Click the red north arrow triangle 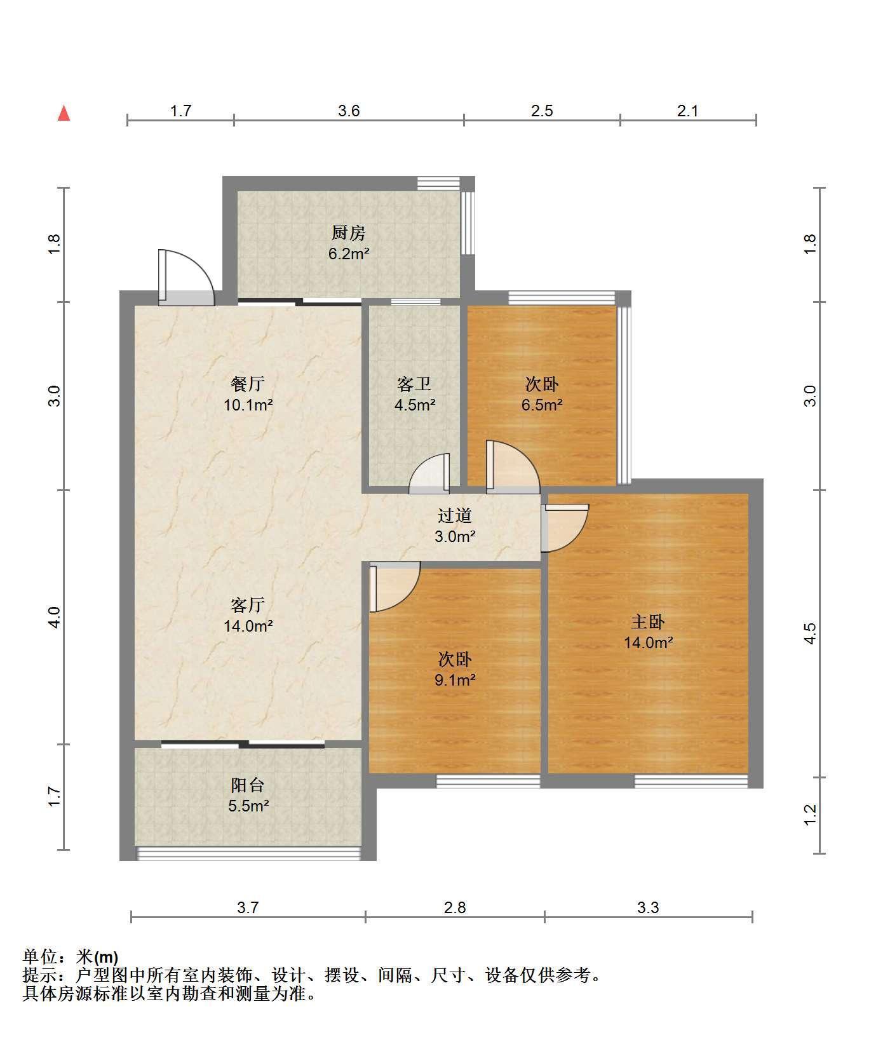(64, 113)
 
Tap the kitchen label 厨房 (349, 233)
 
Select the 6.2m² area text (349, 254)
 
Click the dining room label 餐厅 (248, 384)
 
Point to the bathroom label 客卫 (414, 384)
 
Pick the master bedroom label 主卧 (648, 621)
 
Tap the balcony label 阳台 (248, 785)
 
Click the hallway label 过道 (455, 515)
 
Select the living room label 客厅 (248, 605)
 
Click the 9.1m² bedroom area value (455, 680)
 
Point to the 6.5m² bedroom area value (542, 405)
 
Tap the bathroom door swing (429, 473)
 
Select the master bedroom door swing (565, 527)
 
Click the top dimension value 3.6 (349, 111)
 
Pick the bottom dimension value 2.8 (455, 907)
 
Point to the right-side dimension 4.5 (809, 634)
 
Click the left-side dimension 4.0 (55, 618)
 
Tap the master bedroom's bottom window (691, 781)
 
